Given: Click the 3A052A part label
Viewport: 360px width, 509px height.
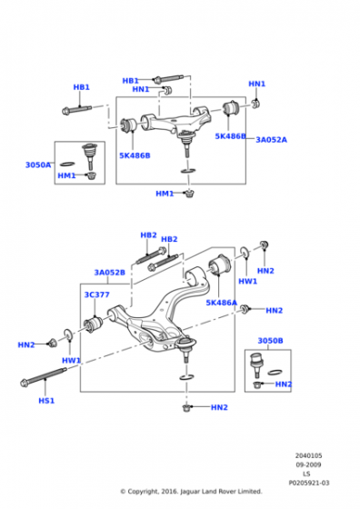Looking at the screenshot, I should pos(271,140).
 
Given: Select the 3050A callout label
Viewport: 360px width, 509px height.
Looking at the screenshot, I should pos(38,165).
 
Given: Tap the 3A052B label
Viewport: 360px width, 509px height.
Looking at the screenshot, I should pos(109,272).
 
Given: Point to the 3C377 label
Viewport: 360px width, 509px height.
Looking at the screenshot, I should pos(96,294).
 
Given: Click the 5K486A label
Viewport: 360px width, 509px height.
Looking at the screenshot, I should pos(221,303).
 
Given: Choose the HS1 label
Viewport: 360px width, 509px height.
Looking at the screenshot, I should pos(45,400).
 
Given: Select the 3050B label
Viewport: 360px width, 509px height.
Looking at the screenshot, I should pos(270,341).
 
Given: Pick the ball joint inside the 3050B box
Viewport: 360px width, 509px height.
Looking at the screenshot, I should pos(262,364).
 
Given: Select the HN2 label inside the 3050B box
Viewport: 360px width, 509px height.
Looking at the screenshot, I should pos(284,384).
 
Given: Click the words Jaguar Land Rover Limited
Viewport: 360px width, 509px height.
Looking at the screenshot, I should pos(221,491).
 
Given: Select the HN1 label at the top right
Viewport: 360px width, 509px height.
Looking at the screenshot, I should pos(257,84).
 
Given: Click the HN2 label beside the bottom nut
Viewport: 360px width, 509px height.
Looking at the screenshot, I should pos(219,407).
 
